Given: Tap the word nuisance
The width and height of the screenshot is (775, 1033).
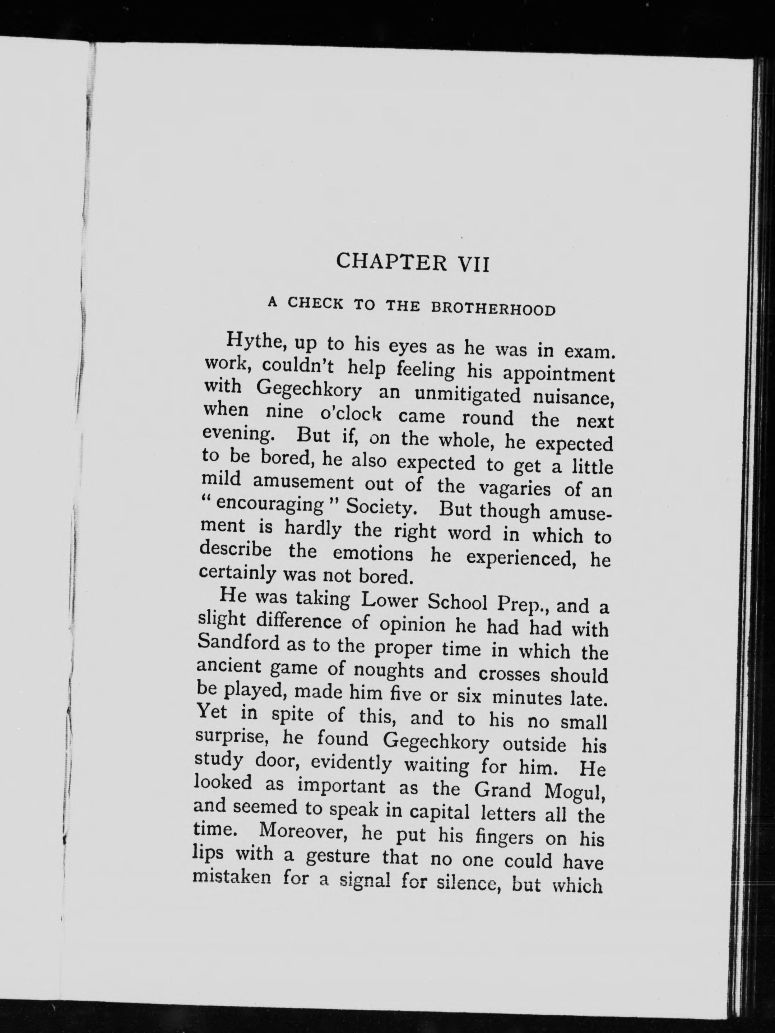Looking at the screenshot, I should point(572,398).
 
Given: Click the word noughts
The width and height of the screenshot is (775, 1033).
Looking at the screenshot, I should point(389,671).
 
